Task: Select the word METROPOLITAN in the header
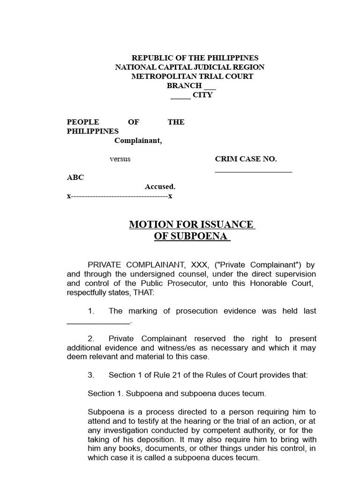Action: coord(157,76)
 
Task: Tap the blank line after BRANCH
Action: coord(210,86)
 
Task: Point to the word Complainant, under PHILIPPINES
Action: coord(138,141)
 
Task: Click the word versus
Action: coord(120,159)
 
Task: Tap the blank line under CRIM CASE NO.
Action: coord(253,172)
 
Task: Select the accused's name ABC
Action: coord(75,178)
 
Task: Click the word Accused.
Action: coord(160,187)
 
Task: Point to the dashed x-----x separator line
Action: coord(120,196)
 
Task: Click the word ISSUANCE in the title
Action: coord(225,225)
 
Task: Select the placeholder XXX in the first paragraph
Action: coord(196,264)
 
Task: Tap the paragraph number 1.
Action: coord(91,311)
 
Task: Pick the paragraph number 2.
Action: coord(91,338)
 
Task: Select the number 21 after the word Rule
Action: coord(172,375)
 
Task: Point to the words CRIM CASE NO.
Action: coord(246,159)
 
